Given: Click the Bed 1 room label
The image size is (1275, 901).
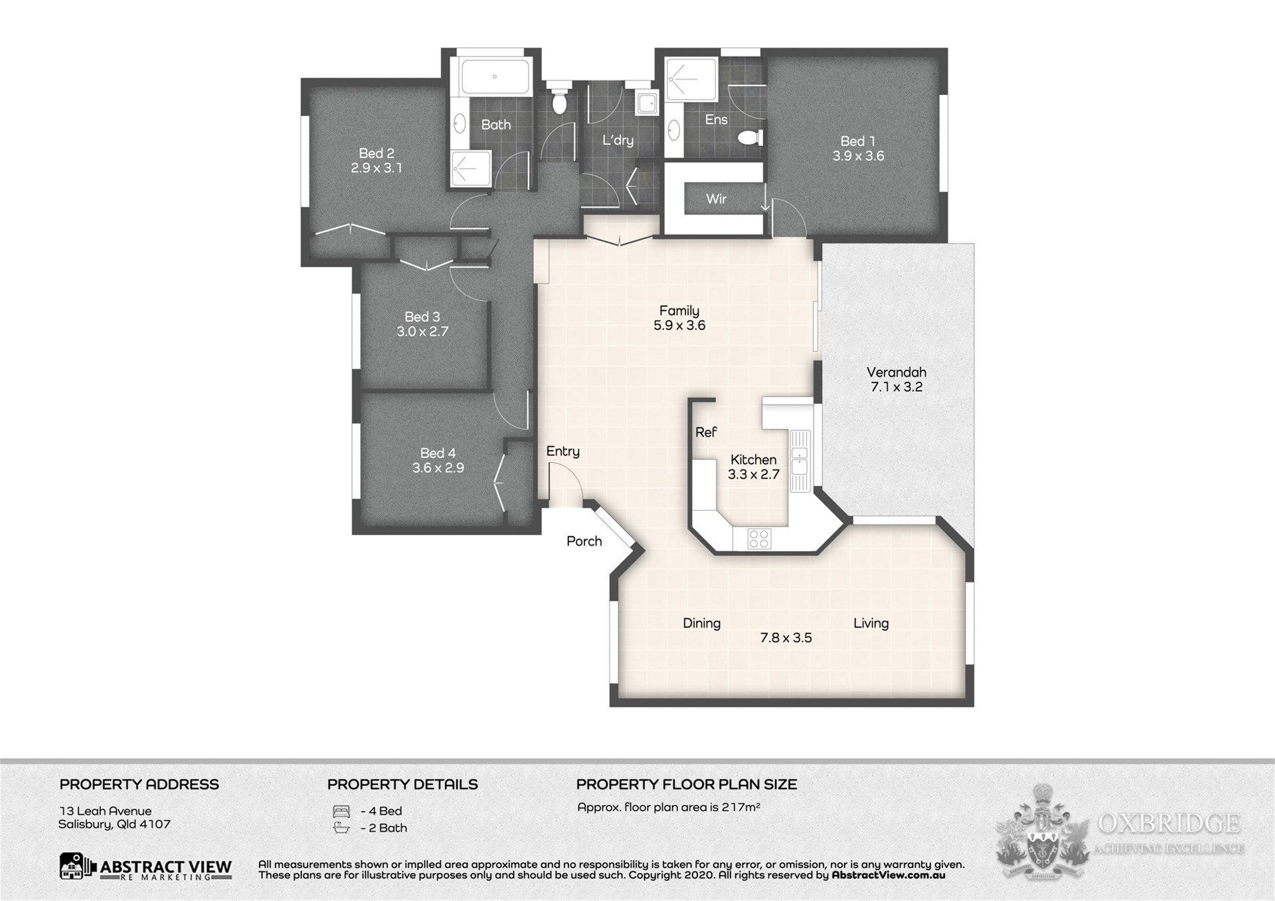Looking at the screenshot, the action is (x=857, y=141).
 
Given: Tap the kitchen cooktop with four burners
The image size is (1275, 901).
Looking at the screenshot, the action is (x=759, y=538).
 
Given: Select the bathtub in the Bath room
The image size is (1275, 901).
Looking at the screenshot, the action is (x=495, y=77).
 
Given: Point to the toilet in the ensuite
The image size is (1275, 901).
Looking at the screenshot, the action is (x=750, y=137).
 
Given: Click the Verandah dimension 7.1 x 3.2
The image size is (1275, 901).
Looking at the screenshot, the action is (x=896, y=387).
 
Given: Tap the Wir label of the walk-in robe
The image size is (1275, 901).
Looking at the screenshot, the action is (x=716, y=199).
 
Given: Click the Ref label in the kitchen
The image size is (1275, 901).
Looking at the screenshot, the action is (x=706, y=432).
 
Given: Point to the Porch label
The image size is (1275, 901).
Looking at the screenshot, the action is (x=584, y=541).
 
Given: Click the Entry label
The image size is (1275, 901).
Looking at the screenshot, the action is (x=563, y=451).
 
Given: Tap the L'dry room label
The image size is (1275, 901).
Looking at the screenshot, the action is (x=618, y=140).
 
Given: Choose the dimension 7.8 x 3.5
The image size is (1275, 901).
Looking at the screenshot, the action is (x=786, y=638).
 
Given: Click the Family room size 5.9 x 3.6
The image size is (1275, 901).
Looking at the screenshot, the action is (x=679, y=325).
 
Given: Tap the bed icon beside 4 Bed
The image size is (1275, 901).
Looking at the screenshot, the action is (x=341, y=811).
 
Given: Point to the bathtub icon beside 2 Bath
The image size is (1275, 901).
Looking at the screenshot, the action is (x=341, y=828).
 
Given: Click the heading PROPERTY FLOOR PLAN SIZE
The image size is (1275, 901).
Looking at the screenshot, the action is (x=687, y=784).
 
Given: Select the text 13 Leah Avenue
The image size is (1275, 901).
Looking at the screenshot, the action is (x=106, y=811).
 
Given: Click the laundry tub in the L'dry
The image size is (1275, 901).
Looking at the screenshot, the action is (x=646, y=103).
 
